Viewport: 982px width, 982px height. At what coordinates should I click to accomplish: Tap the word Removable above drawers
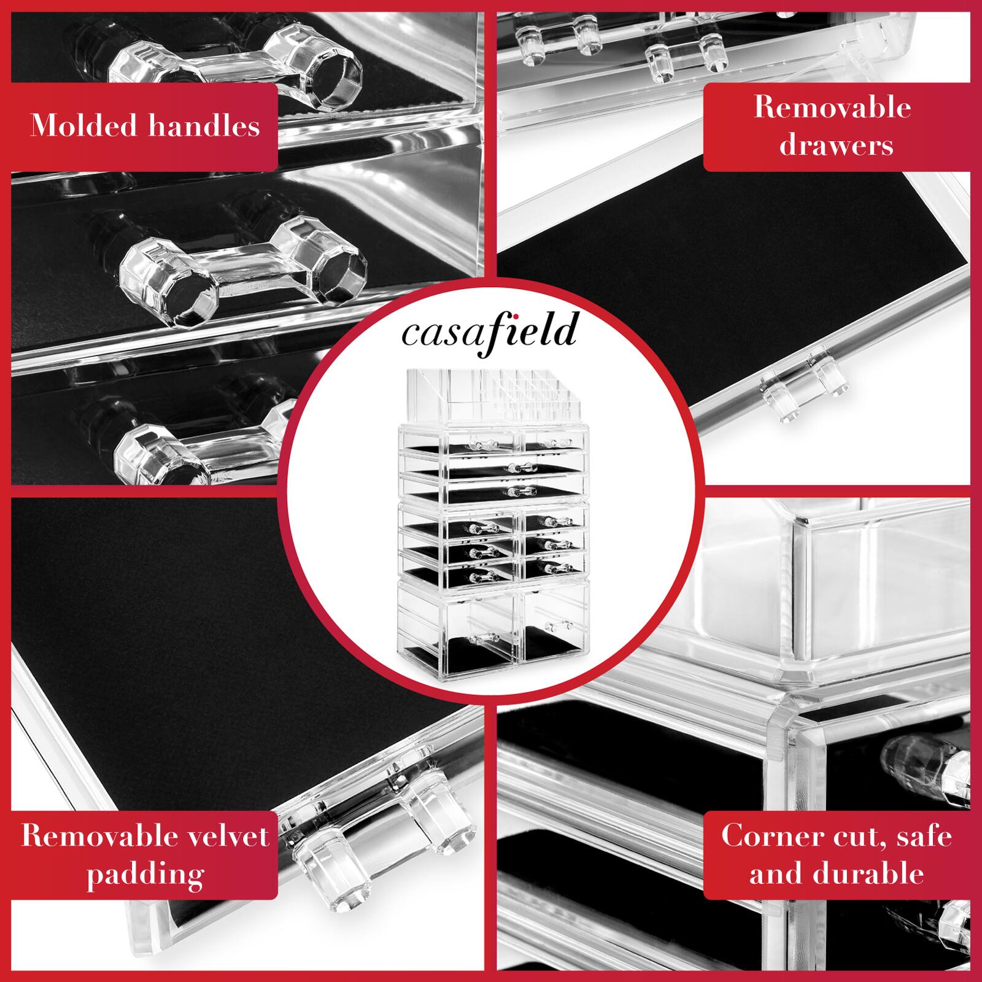coord(832,108)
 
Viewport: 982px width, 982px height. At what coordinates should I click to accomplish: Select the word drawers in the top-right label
coord(836,146)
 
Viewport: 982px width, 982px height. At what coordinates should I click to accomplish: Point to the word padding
coord(145,874)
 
